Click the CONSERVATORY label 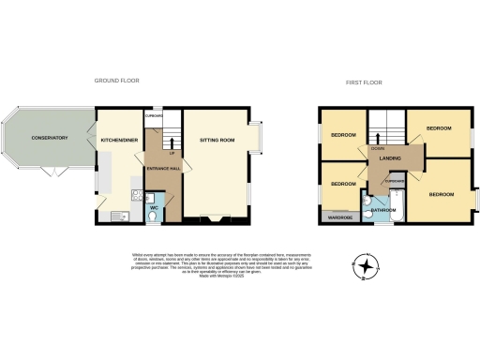pyautogui.click(x=49, y=138)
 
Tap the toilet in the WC pyautogui.click(x=153, y=215)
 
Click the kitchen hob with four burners pyautogui.click(x=137, y=197)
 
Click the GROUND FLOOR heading pyautogui.click(x=117, y=81)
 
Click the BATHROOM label pyautogui.click(x=382, y=210)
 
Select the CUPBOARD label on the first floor pyautogui.click(x=394, y=180)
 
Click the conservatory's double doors pyautogui.click(x=54, y=173)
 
